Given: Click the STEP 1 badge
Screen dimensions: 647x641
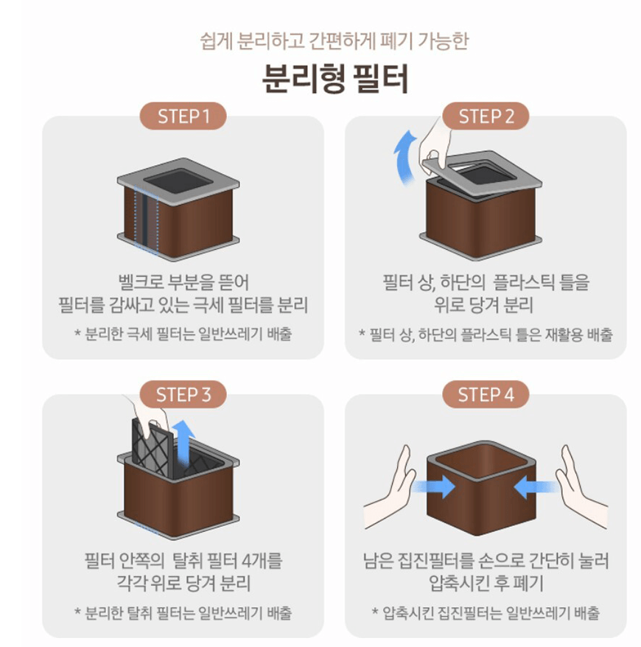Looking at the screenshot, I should click(x=183, y=116).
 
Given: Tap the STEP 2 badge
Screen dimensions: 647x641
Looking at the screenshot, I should click(x=486, y=116).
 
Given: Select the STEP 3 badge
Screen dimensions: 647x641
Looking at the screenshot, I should click(x=183, y=394).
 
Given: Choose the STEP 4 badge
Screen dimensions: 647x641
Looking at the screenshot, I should click(x=486, y=394).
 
